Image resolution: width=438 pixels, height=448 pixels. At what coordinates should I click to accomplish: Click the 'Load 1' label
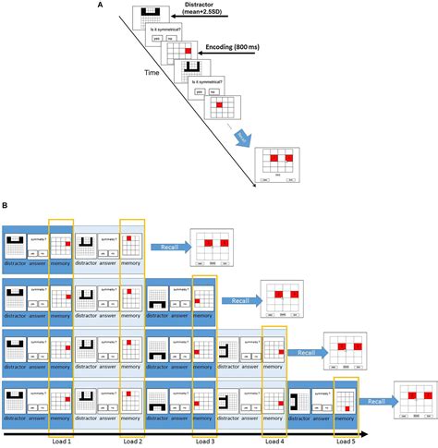pyautogui.click(x=61, y=439)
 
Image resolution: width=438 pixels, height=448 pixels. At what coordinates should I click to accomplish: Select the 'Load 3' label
pyautogui.click(x=205, y=439)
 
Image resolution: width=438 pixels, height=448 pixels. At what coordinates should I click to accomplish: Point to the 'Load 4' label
pyautogui.click(x=275, y=439)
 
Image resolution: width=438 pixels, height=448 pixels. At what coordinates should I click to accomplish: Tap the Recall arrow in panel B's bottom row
pyautogui.click(x=374, y=402)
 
